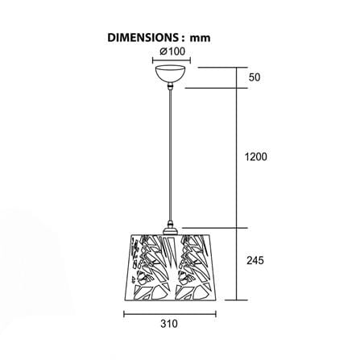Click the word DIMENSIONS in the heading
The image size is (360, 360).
click(142, 38)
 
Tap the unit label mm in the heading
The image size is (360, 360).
click(201, 39)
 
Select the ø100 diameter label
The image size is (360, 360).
click(172, 52)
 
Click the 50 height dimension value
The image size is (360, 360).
click(254, 77)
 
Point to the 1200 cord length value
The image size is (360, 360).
click(256, 156)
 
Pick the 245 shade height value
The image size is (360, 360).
click(255, 260)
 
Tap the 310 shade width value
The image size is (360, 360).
click(169, 324)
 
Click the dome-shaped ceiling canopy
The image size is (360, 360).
click(170, 73)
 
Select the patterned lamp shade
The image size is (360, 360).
click(170, 267)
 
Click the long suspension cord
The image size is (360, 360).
click(170, 155)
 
